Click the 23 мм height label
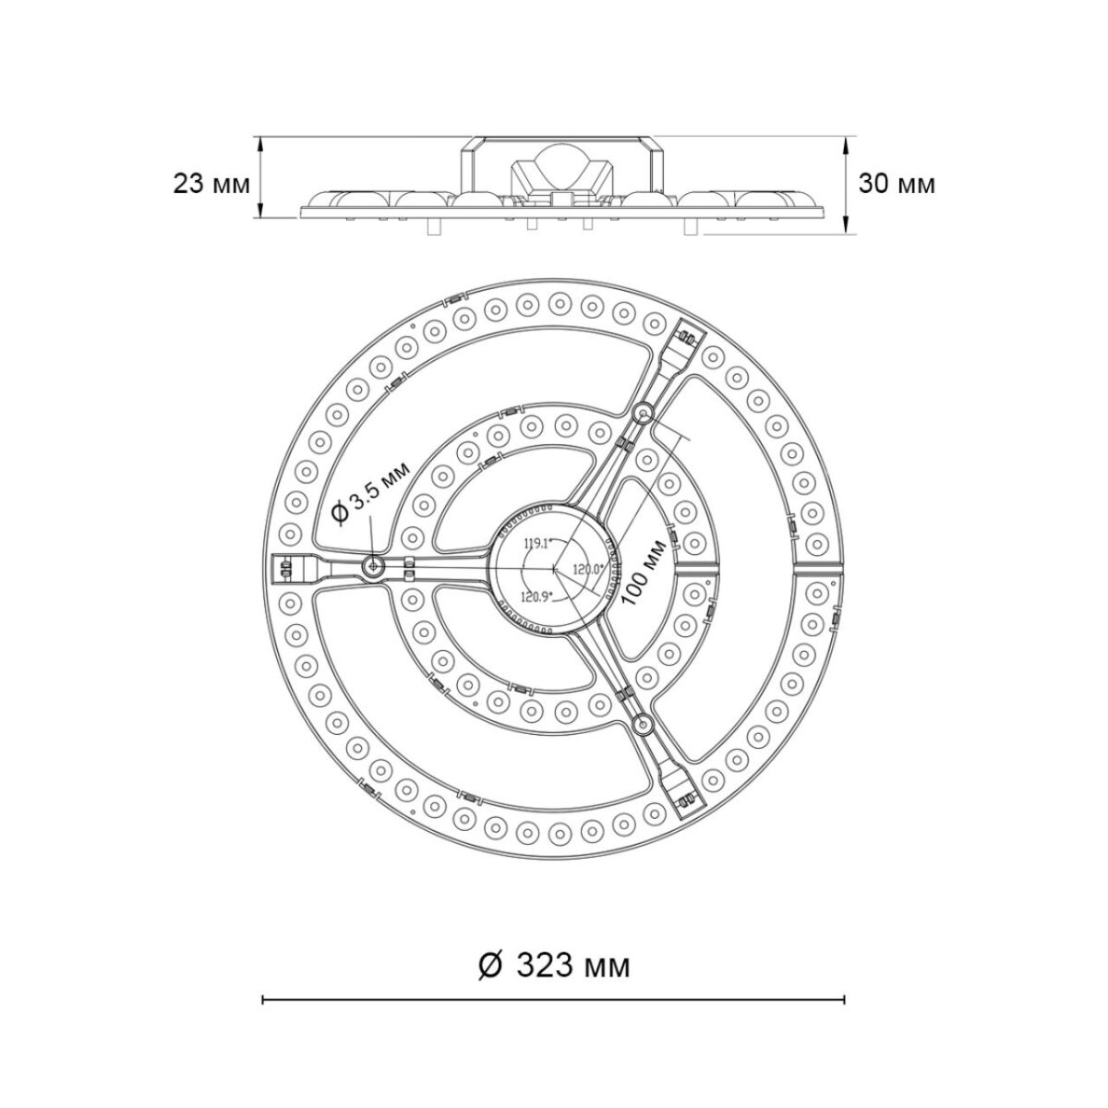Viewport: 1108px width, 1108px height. pyautogui.click(x=211, y=184)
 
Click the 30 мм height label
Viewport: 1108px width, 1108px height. pyautogui.click(x=897, y=184)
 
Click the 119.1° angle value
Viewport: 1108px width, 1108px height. pyautogui.click(x=536, y=543)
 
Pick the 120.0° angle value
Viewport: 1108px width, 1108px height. pyautogui.click(x=588, y=568)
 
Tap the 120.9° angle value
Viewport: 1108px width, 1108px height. pyautogui.click(x=536, y=596)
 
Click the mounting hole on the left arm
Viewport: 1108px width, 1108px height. pyautogui.click(x=374, y=566)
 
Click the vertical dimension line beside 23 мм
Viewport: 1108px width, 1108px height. pyautogui.click(x=261, y=178)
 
